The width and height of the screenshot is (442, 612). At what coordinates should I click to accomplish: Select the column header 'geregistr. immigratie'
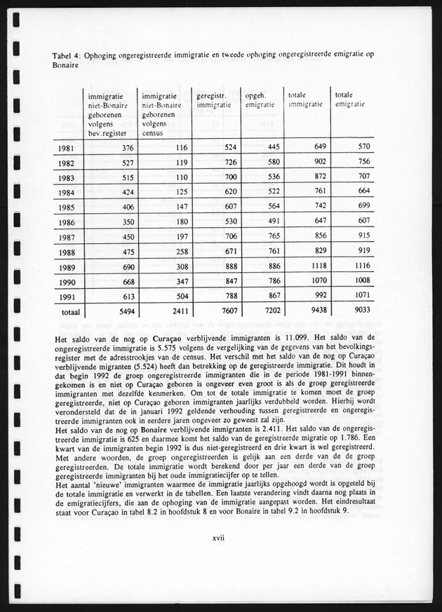click(x=213, y=100)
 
